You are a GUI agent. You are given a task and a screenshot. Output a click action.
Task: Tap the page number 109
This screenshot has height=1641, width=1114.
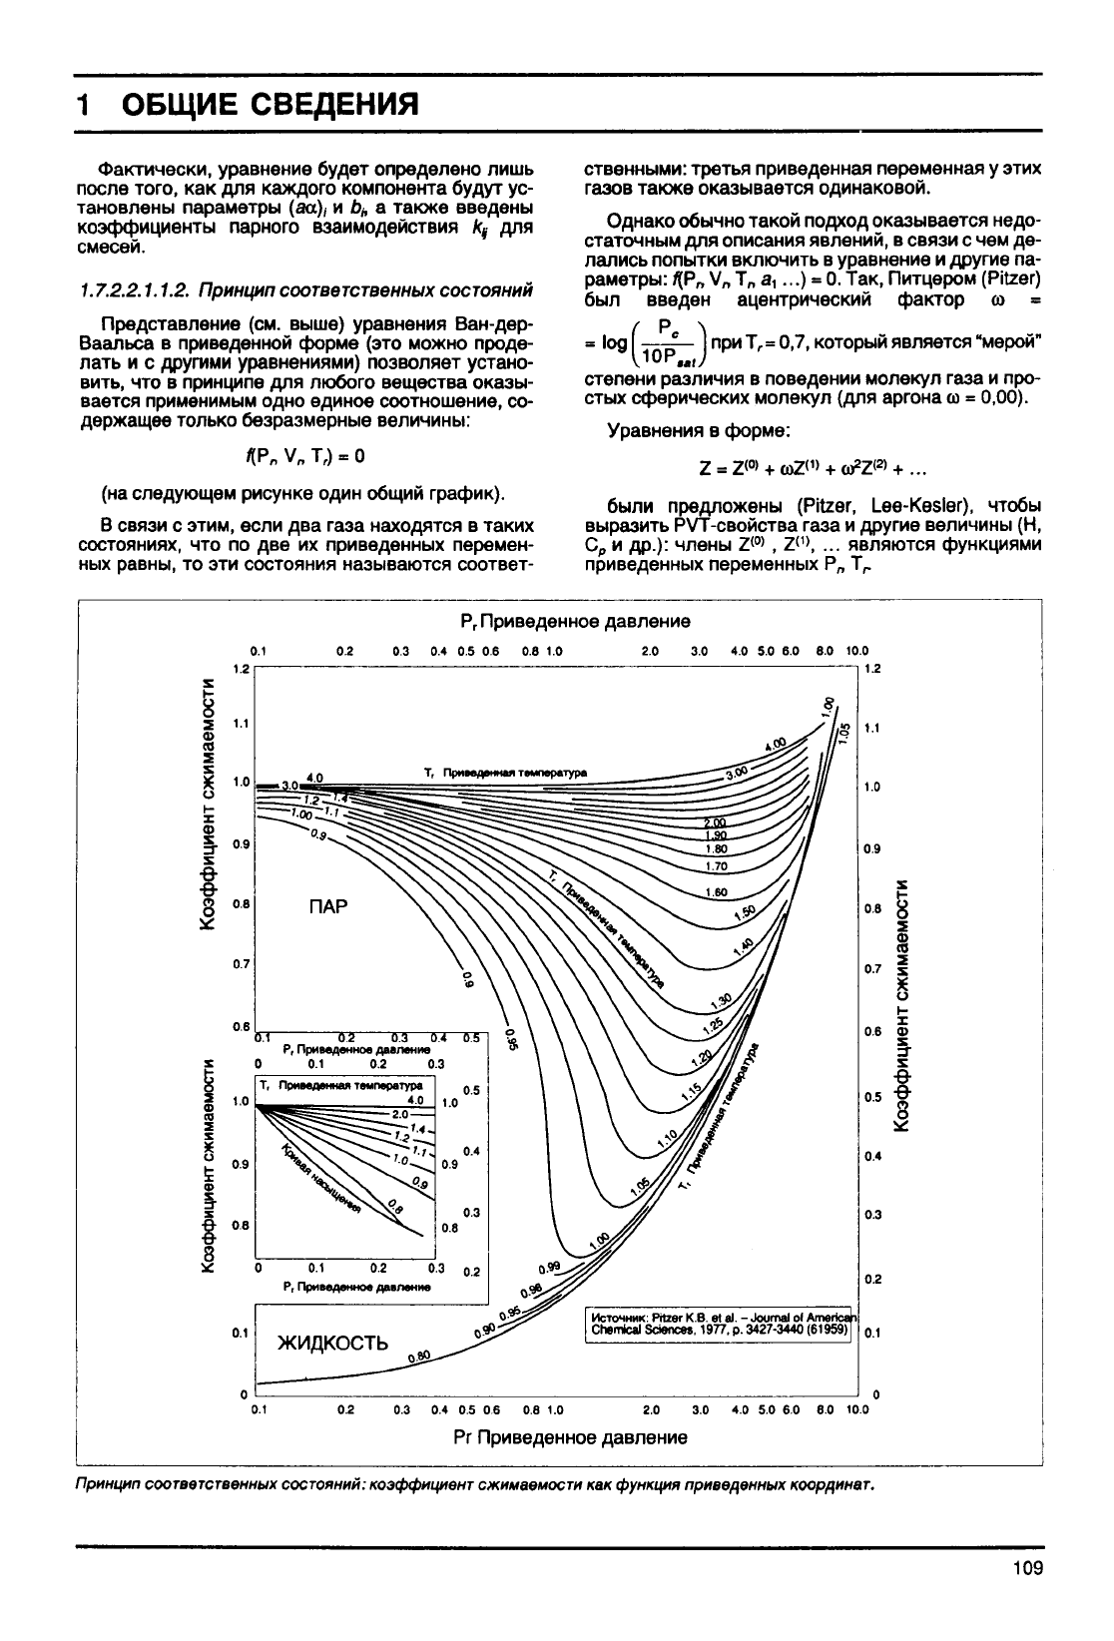pyautogui.click(x=1026, y=1568)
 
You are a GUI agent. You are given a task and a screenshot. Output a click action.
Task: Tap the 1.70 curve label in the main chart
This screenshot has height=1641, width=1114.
pyautogui.click(x=715, y=866)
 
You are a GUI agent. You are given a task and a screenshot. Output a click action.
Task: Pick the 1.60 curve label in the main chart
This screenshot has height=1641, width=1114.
pyautogui.click(x=715, y=892)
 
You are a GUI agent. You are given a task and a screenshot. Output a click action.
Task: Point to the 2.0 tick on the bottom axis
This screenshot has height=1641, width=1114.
pyautogui.click(x=649, y=1410)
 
